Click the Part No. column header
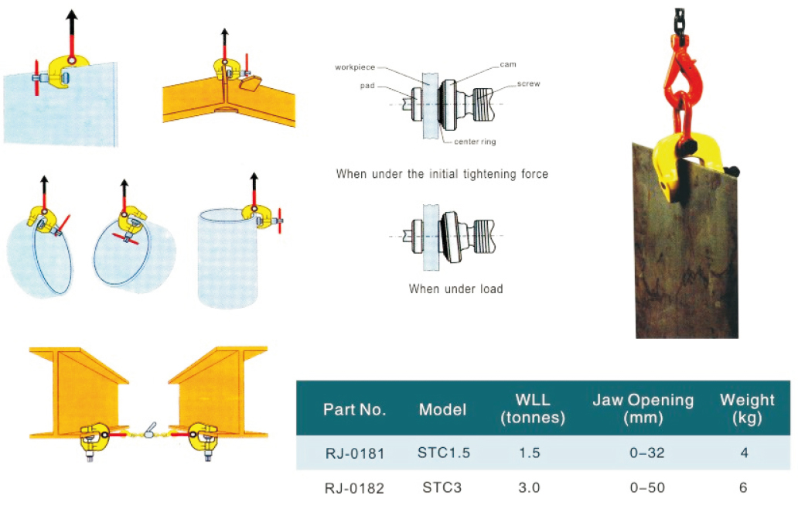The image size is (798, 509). pyautogui.click(x=354, y=410)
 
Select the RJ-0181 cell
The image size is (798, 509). pyautogui.click(x=354, y=453)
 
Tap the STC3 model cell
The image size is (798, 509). pyautogui.click(x=442, y=488)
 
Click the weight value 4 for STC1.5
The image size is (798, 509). pyautogui.click(x=744, y=453)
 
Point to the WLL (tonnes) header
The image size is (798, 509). pyautogui.click(x=532, y=409)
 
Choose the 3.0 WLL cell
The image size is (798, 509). pyautogui.click(x=530, y=488)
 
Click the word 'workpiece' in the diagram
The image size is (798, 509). pyautogui.click(x=354, y=67)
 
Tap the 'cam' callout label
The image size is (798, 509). pyautogui.click(x=507, y=64)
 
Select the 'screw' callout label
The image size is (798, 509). pyautogui.click(x=529, y=83)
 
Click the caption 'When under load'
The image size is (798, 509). pyautogui.click(x=455, y=289)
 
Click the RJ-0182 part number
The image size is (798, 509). pyautogui.click(x=354, y=488)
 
